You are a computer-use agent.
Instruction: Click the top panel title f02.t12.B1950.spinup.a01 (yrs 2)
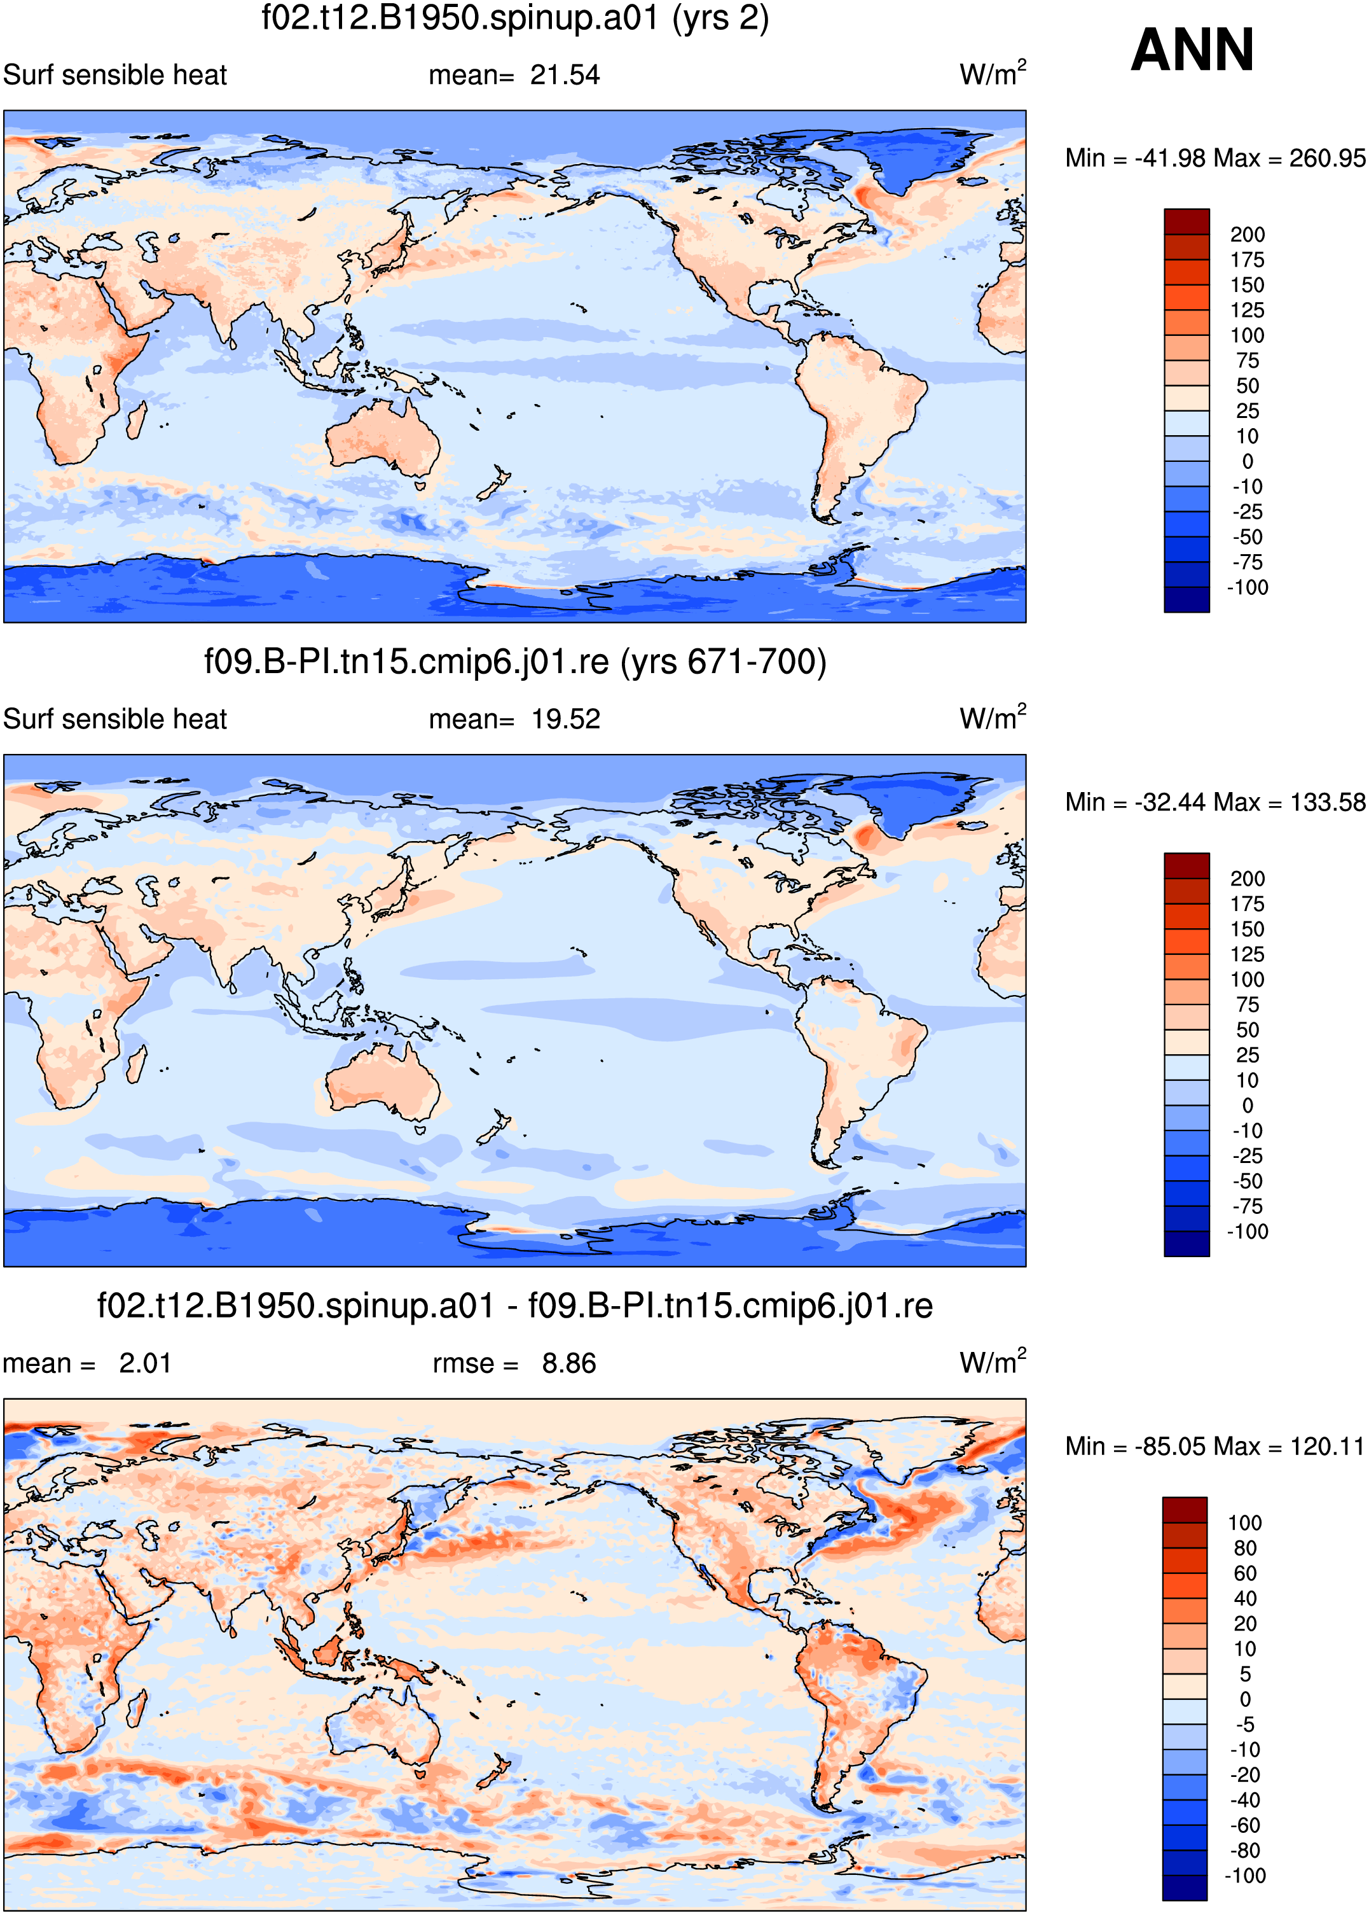coord(515,18)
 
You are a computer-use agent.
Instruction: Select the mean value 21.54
coord(565,75)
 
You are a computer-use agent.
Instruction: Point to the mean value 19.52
coord(565,720)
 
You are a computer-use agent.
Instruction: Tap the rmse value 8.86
coord(569,1363)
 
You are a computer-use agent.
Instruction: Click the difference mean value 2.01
coord(145,1363)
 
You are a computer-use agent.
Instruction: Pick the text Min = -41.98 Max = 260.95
coord(1214,158)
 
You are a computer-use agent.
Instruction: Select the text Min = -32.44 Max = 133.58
coord(1214,802)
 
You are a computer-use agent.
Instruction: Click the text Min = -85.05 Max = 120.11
coord(1214,1446)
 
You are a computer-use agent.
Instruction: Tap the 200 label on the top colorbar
coord(1247,234)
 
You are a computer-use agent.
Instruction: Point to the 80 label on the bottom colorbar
coord(1244,1548)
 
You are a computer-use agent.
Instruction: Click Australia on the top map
coord(383,438)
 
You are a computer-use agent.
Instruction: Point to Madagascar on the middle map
coord(135,1064)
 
